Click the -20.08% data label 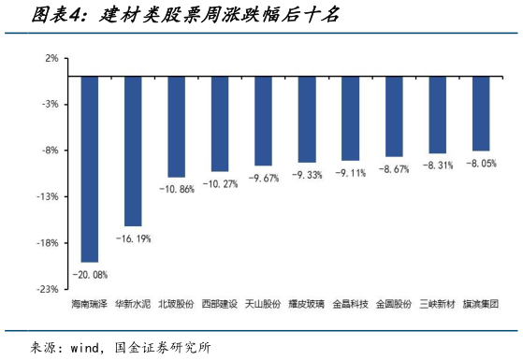pyautogui.click(x=90, y=274)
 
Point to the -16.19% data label pyautogui.click(x=133, y=238)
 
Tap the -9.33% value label pyautogui.click(x=307, y=175)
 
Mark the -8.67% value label pyautogui.click(x=394, y=169)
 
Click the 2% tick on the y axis pyautogui.click(x=51, y=58)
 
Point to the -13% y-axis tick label pyautogui.click(x=48, y=196)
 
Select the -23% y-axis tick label pyautogui.click(x=48, y=289)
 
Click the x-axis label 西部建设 pyautogui.click(x=220, y=304)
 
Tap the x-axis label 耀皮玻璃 pyautogui.click(x=307, y=304)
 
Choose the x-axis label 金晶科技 pyautogui.click(x=351, y=304)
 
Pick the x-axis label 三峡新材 pyautogui.click(x=437, y=304)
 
